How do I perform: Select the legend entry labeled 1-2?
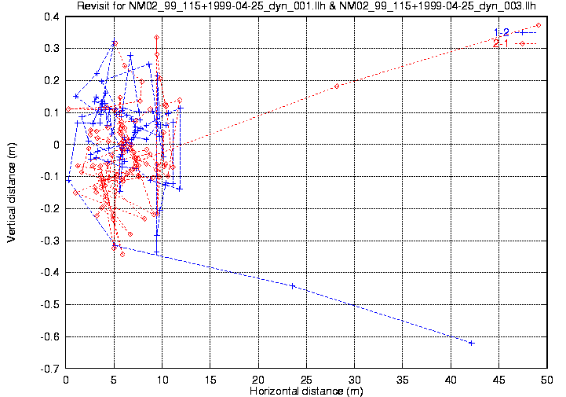tap(502, 31)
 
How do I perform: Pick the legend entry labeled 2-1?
tap(502, 43)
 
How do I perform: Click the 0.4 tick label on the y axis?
tap(53, 17)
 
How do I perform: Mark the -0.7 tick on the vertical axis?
tap(51, 368)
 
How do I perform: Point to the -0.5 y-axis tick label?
tap(51, 304)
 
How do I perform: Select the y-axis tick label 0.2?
tap(53, 80)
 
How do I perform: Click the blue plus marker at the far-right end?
tap(472, 343)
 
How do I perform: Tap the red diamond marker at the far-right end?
tap(538, 25)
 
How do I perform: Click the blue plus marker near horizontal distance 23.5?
tap(293, 285)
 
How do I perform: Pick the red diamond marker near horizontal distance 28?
tap(337, 86)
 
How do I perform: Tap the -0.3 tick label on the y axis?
tap(51, 241)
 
